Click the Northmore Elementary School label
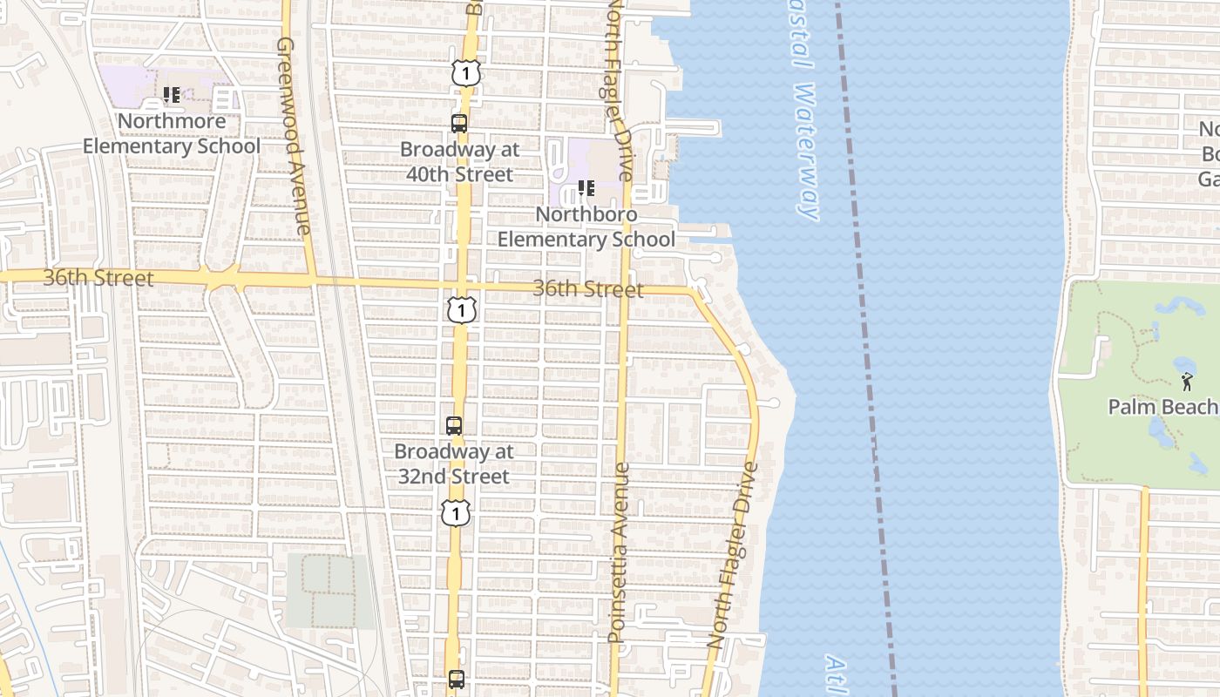(x=171, y=133)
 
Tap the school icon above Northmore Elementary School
(x=172, y=94)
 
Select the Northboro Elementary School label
(x=586, y=227)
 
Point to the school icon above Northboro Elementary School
(x=586, y=187)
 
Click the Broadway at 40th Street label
(x=459, y=162)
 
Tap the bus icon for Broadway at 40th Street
(x=459, y=123)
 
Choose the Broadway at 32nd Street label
(x=453, y=464)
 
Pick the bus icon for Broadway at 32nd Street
(x=454, y=426)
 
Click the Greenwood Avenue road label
(x=294, y=135)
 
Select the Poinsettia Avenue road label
(x=619, y=553)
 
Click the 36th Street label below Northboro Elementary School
(x=588, y=289)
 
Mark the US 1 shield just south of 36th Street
(x=462, y=309)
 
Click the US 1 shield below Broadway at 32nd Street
(x=456, y=512)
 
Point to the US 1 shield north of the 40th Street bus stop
(x=466, y=74)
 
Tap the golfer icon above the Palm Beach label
(x=1187, y=381)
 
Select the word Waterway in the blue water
(x=807, y=152)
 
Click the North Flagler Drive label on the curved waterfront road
(x=734, y=554)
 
